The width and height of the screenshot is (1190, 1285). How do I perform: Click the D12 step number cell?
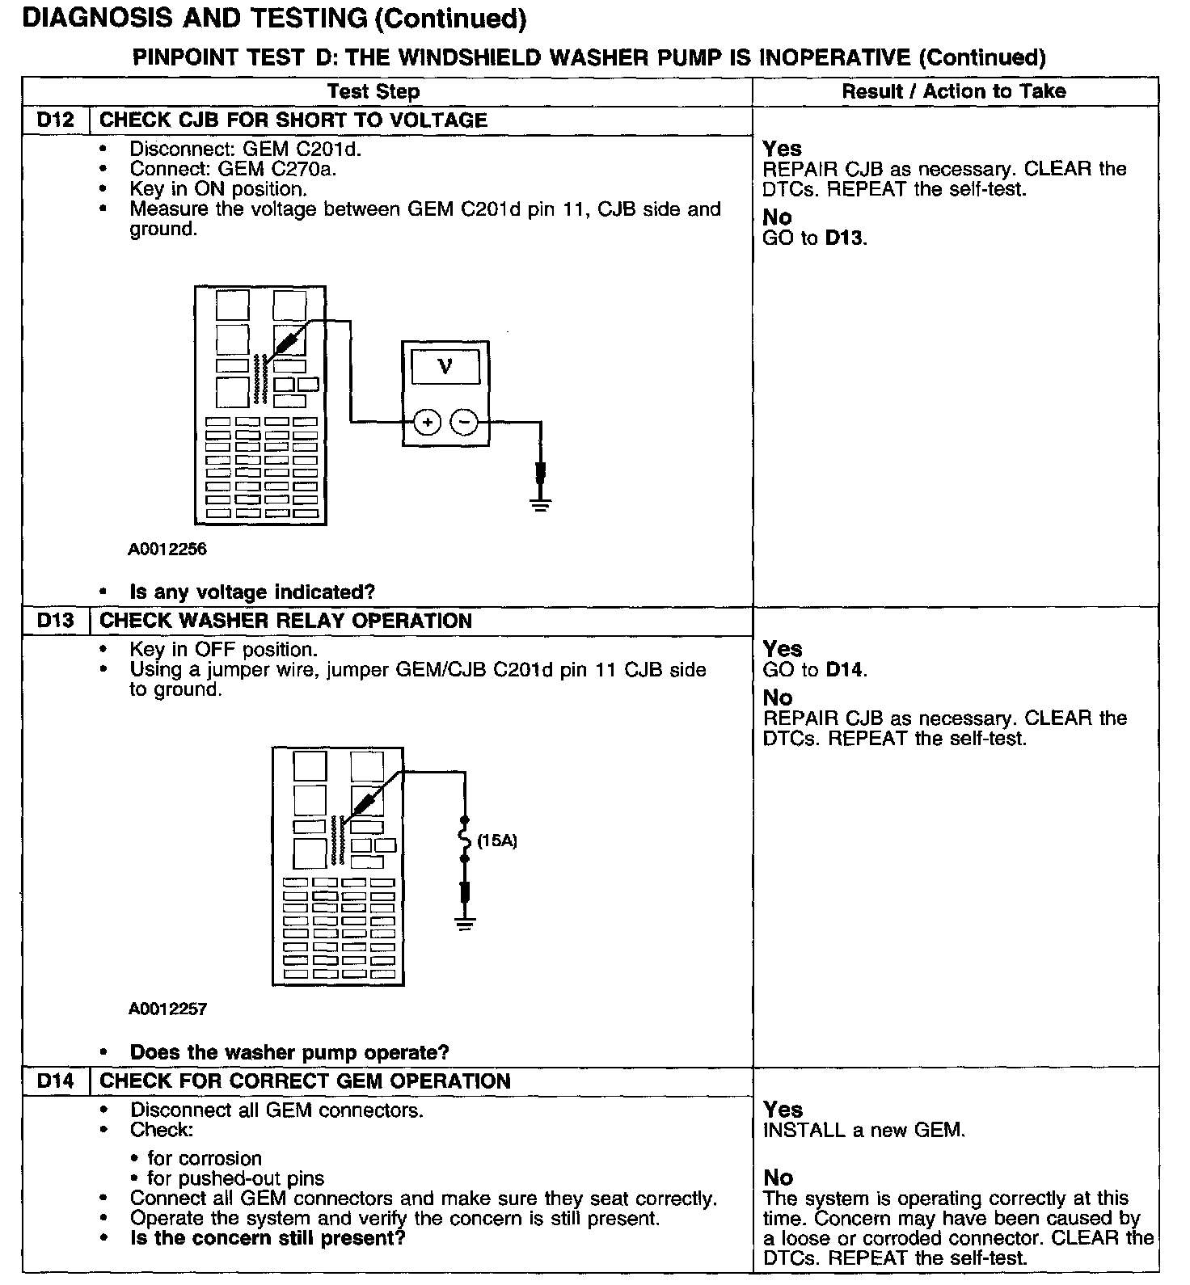(55, 120)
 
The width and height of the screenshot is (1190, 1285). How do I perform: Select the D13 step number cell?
(55, 621)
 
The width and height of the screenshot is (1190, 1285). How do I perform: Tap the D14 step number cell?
(55, 1081)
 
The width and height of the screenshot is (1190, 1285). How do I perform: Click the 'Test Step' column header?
(373, 91)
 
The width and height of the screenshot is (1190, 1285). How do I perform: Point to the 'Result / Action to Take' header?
(954, 91)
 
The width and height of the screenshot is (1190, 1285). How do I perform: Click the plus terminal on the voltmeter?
(427, 422)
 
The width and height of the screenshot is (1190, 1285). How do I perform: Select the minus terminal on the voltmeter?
(464, 422)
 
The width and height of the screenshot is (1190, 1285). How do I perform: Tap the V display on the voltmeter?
(445, 367)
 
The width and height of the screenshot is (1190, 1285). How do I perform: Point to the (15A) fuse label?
(496, 841)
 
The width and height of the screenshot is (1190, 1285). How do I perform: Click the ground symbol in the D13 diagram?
(464, 923)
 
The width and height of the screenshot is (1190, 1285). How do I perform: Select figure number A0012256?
(167, 550)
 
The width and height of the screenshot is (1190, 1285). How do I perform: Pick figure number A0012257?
(167, 1009)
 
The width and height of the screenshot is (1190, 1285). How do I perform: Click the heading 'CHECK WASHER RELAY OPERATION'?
(285, 621)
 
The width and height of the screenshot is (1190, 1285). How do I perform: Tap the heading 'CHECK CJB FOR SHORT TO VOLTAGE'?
(293, 120)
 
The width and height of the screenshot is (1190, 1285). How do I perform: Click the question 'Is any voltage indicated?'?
(252, 592)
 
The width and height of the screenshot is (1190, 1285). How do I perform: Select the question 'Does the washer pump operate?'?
(289, 1052)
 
